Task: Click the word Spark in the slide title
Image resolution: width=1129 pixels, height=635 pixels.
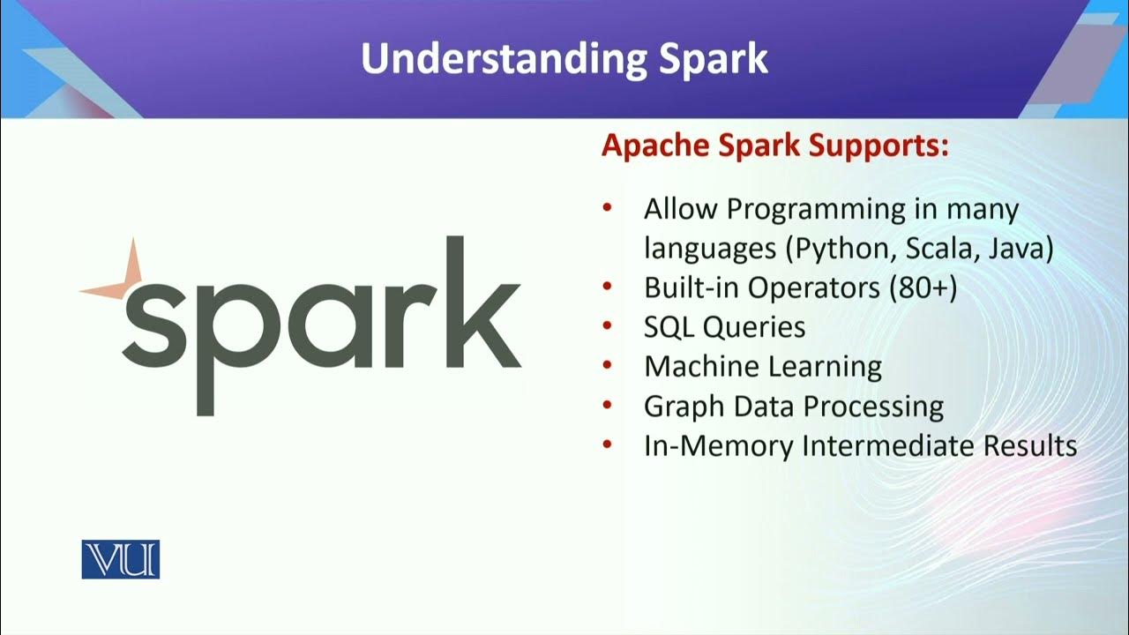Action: [713, 58]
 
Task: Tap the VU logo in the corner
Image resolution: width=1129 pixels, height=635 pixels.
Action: [121, 559]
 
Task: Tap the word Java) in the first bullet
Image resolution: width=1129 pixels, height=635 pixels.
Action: [1021, 250]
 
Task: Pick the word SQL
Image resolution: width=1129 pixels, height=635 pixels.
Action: [670, 327]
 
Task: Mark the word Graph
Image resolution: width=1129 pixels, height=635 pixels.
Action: [680, 407]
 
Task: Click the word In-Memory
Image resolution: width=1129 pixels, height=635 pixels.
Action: [719, 445]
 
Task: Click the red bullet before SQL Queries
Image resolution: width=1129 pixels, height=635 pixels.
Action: [607, 326]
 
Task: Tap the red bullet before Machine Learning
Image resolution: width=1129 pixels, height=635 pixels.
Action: [607, 366]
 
